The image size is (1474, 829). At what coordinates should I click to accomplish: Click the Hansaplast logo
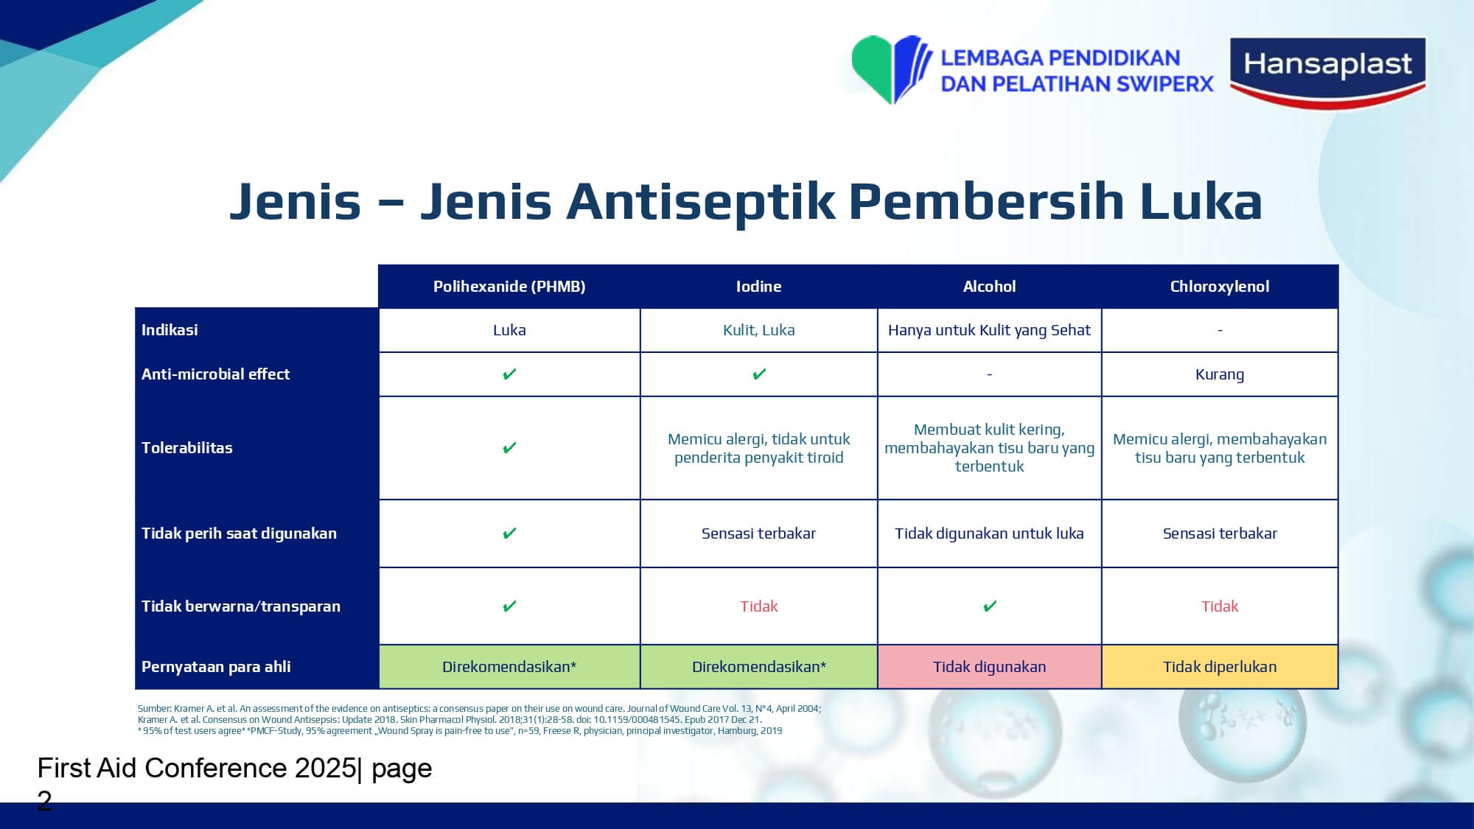click(x=1328, y=72)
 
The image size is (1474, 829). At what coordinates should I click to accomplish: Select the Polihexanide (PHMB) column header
click(x=509, y=287)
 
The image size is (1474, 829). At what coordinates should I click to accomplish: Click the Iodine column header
click(x=758, y=287)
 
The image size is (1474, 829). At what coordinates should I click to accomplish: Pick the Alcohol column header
click(x=989, y=287)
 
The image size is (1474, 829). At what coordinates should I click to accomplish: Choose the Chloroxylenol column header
click(x=1220, y=287)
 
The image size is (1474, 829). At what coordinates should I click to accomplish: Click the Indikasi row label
click(x=170, y=330)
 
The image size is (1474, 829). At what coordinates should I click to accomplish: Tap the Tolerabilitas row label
click(x=187, y=448)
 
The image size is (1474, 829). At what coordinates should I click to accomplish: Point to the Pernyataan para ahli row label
click(x=216, y=667)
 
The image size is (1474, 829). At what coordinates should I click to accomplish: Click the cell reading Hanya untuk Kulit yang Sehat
click(x=989, y=330)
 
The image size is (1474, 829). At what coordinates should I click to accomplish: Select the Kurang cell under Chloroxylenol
click(x=1220, y=374)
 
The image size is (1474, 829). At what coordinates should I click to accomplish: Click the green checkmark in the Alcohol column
click(x=990, y=606)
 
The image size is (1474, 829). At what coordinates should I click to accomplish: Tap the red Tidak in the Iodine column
click(x=759, y=606)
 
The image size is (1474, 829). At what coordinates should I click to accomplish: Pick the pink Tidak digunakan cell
click(x=990, y=667)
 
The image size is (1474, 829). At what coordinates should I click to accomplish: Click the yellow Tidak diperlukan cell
click(x=1220, y=667)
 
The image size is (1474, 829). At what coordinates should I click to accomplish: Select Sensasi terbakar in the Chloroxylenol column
click(x=1220, y=534)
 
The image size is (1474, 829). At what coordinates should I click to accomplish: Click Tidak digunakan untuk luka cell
click(x=989, y=534)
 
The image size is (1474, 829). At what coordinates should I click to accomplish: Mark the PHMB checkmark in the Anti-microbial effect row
click(x=509, y=374)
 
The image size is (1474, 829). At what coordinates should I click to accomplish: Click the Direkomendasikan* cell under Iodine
click(x=759, y=667)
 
